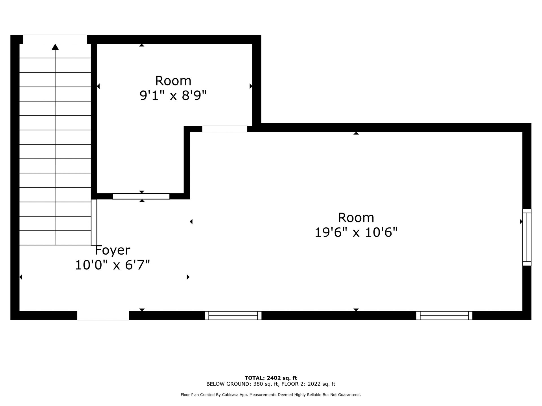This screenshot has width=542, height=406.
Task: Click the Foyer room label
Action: coord(112,250)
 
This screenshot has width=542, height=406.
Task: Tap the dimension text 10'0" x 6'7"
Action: coord(112,265)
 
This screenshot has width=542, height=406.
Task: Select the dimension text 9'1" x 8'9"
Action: coord(173,96)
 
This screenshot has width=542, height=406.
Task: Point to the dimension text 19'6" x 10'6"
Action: coord(356,233)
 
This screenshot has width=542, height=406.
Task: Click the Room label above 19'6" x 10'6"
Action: coord(356,218)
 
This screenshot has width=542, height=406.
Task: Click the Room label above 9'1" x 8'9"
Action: coord(173,81)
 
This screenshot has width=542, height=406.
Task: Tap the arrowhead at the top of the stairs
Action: coord(55,47)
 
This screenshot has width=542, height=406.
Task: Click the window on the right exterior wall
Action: coord(527,237)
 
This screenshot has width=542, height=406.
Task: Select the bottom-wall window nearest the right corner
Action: coord(444,315)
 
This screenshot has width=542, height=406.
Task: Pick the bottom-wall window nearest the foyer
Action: coord(233,315)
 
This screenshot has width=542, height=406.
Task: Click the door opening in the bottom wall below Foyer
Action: coord(103,316)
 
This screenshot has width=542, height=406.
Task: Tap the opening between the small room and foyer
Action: coord(141,196)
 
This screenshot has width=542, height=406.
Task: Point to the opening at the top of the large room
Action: coord(225,129)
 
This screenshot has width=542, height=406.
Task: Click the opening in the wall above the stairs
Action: coord(55,39)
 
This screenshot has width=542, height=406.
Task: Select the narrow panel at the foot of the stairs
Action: coord(94,222)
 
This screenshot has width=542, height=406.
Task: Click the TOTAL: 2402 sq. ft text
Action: coord(271,378)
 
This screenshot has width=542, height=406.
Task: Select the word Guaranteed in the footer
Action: coord(350,395)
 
